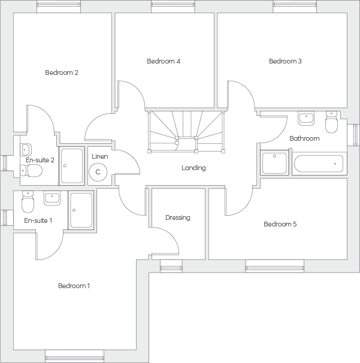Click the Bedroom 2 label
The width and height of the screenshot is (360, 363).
pos(62,72)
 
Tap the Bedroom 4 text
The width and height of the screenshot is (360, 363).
pos(164,61)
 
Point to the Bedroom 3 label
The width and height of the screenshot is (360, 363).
pos(285,61)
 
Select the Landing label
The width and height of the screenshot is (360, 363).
pos(193,168)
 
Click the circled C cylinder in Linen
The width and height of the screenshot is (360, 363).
pos(98,172)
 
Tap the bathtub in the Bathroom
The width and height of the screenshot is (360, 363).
pos(319,164)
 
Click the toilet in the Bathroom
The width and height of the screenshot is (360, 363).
pos(331,122)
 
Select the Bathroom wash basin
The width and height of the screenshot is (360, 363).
pos(306,118)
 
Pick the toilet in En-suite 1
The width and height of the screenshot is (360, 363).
pos(28,202)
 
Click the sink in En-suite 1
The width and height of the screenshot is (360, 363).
pos(52,198)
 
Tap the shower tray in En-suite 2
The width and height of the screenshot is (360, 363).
pos(71,166)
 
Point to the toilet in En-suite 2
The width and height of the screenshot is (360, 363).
pos(31,171)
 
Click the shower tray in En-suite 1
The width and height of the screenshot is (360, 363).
pos(81,210)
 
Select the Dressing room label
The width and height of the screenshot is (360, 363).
pos(178,217)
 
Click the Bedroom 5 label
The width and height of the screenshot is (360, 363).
pos(280,224)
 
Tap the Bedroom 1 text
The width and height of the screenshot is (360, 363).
pos(74,286)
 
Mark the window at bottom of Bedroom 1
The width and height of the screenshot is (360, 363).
pos(74,356)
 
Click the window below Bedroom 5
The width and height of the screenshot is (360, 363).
pos(274,266)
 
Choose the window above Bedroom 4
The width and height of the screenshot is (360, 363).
pos(173,7)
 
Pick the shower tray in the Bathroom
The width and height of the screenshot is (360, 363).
pos(274,163)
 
